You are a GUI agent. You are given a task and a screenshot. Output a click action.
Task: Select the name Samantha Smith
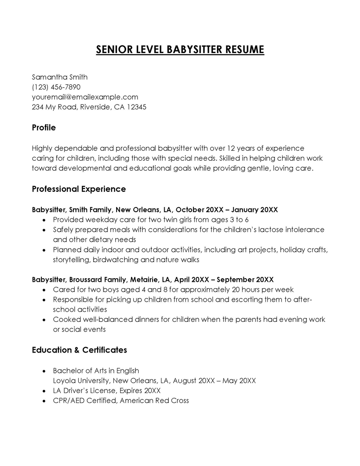pos(60,77)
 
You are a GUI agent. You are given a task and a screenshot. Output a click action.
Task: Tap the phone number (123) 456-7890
pos(56,87)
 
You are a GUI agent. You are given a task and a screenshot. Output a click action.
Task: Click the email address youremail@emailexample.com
pos(85,97)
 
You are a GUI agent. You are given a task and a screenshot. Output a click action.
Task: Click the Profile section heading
pos(44,128)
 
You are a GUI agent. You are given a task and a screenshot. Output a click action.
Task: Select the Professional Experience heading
pos(79,189)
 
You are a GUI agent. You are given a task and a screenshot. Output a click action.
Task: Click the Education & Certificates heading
pos(79,350)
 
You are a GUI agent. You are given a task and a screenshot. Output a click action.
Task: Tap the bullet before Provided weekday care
pos(43,220)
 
